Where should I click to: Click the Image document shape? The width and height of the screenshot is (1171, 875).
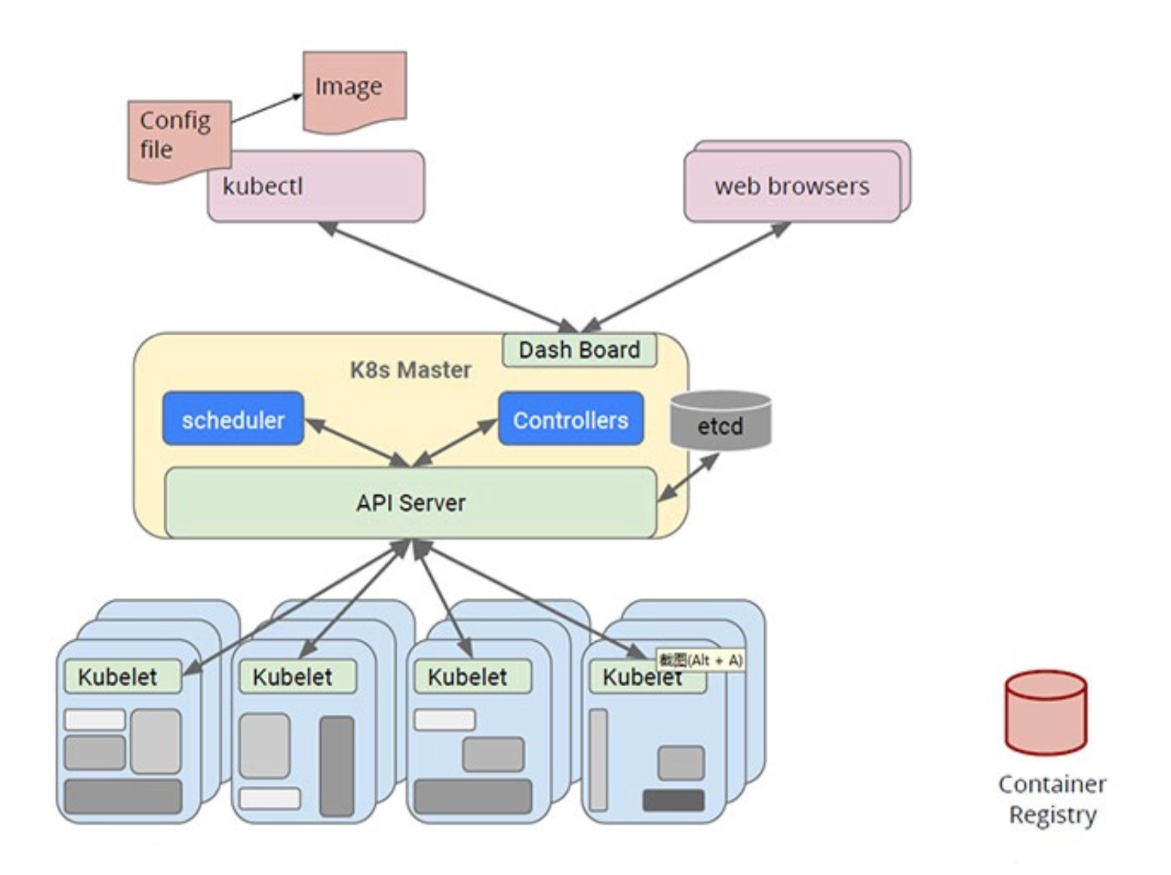point(354,89)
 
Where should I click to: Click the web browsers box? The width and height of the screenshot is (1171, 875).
point(792,186)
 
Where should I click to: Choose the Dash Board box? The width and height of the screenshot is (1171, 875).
point(579,350)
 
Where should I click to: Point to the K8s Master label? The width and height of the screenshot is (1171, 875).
point(411,370)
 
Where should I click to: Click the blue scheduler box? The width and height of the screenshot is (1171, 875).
point(233,419)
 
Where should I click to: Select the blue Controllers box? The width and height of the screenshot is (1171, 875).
point(571,419)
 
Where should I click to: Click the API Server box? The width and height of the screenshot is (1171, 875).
point(411,503)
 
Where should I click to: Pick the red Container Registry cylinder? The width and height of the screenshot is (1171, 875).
point(1046,713)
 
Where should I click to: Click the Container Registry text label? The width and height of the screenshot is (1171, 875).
point(1052,799)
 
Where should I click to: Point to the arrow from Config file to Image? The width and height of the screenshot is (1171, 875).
point(267,109)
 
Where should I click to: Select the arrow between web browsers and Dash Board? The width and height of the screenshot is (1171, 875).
point(687,276)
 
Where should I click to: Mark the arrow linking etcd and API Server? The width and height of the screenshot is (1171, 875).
point(689,478)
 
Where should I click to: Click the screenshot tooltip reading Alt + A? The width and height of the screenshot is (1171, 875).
point(701,661)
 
